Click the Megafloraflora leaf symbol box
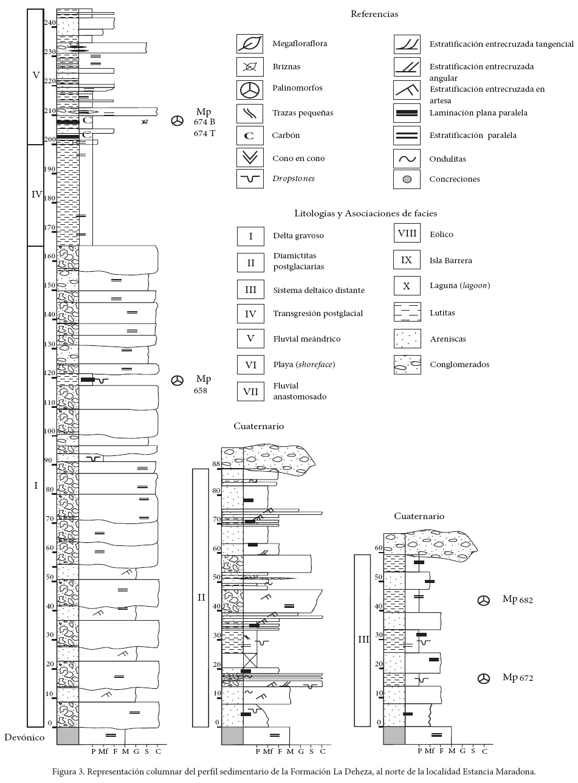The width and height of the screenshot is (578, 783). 250,44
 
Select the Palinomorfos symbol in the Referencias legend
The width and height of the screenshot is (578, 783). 250,89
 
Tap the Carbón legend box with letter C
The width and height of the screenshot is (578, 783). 250,136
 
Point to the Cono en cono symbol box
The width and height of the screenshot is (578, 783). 250,158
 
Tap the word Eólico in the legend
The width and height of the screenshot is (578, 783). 441,235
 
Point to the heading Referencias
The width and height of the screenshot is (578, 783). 374,13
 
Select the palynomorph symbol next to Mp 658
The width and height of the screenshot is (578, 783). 177,381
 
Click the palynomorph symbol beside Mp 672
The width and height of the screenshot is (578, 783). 484,678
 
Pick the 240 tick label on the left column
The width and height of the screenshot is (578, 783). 49,23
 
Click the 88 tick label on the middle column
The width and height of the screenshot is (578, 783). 215,464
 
